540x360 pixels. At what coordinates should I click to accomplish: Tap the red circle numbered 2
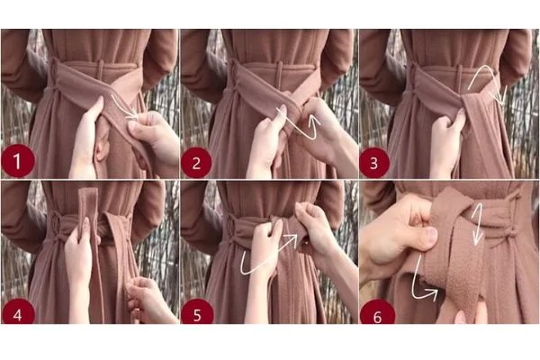197,161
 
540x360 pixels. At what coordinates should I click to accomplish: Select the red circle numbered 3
376,161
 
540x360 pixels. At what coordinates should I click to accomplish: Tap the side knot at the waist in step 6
508,234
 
